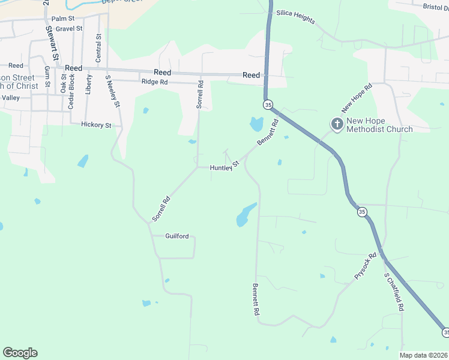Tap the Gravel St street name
click(x=68, y=29)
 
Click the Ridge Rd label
click(x=154, y=82)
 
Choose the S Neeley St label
click(x=113, y=91)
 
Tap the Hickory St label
click(x=96, y=125)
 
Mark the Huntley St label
click(x=224, y=166)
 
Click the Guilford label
click(x=177, y=236)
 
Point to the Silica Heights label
click(x=295, y=17)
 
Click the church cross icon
click(x=337, y=124)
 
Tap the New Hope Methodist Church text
click(x=379, y=129)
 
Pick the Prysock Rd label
click(x=365, y=266)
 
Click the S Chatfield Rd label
click(x=394, y=292)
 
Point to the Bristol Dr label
click(x=435, y=7)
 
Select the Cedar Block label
click(x=71, y=91)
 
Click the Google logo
click(x=20, y=352)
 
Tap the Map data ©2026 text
click(x=423, y=355)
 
